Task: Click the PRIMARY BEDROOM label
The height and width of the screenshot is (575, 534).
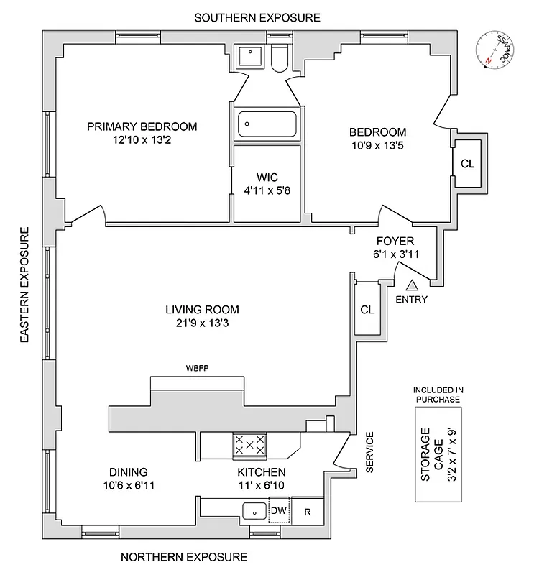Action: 142,126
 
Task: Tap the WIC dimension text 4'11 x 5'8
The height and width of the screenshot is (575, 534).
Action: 267,191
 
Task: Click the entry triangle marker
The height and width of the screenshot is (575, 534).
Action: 410,285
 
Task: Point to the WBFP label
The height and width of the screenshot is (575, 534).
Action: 196,369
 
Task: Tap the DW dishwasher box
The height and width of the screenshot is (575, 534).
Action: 278,510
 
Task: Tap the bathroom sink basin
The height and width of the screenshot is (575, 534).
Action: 251,55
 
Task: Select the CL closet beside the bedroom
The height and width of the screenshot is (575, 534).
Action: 467,163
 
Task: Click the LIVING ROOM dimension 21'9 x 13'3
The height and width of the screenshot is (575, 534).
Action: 202,323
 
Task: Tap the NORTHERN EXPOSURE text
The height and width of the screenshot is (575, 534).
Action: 183,557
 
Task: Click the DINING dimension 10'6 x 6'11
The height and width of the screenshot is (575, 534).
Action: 129,485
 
